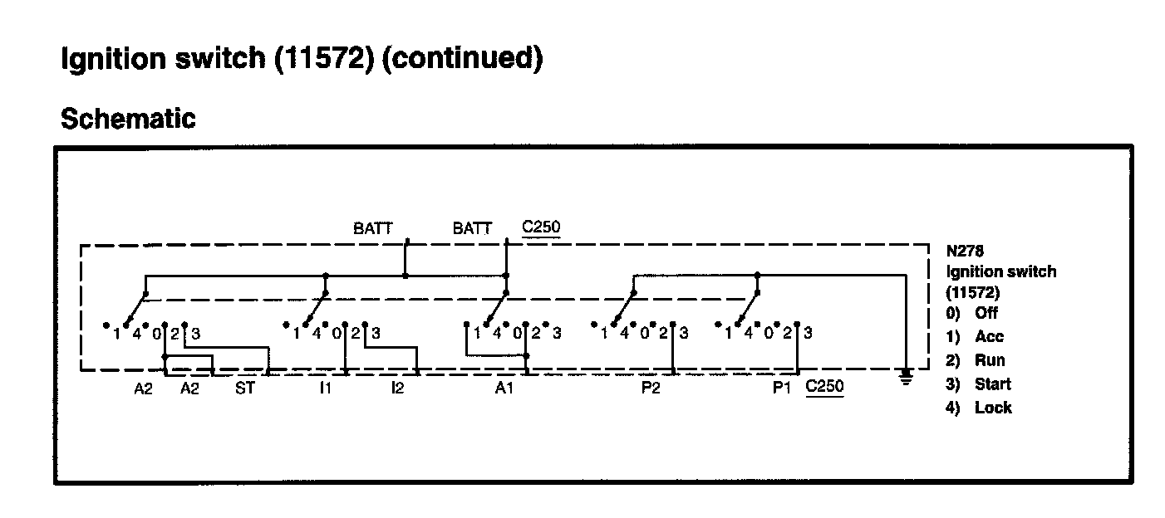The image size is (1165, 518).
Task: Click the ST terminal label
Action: pos(244,388)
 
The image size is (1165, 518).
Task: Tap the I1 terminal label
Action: pos(325,388)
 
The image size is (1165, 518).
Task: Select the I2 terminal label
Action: pos(397,388)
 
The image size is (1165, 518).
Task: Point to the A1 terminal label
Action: pos(504,388)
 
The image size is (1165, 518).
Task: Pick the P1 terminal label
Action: pos(782,388)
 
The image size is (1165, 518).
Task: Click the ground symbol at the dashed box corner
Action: pos(907,378)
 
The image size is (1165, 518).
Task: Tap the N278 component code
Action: pos(965,248)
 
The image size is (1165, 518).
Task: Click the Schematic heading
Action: pos(129,119)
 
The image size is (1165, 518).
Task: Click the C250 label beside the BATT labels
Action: pos(540,227)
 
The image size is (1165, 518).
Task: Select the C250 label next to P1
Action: pos(824,388)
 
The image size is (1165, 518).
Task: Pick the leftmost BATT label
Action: pos(373,228)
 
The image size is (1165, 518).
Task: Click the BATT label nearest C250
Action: pos(472,228)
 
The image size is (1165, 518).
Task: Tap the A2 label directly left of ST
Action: pos(190,388)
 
